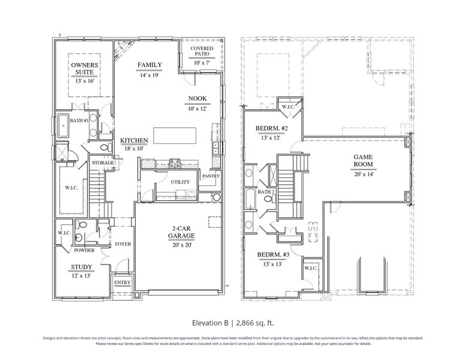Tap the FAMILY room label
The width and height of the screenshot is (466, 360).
[149, 65]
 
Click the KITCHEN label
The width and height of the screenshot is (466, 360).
[134, 140]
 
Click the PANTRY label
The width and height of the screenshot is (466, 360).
[211, 176]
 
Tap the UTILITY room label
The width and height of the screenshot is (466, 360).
[181, 182]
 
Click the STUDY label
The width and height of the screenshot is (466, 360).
[82, 267]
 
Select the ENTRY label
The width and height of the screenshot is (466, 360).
[122, 283]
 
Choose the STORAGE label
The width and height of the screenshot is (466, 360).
[103, 162]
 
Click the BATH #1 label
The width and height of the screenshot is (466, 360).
[80, 121]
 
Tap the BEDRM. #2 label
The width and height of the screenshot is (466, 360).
[273, 129]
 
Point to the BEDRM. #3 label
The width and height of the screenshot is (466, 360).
[273, 254]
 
